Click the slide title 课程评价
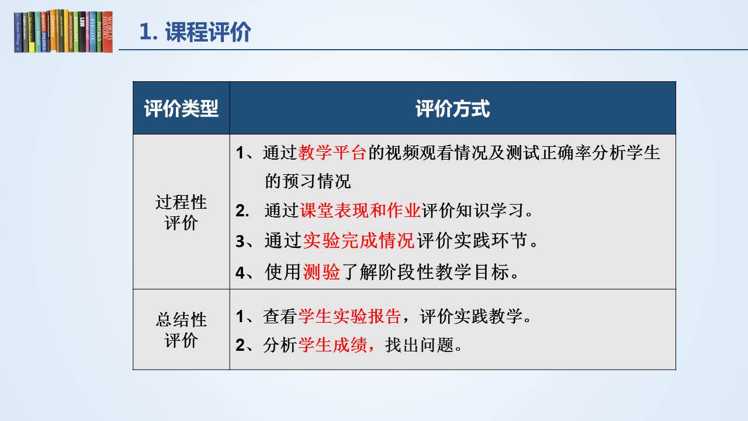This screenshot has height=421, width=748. coord(207,32)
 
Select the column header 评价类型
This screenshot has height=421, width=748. coord(181,109)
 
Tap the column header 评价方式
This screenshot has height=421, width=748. coord(452,109)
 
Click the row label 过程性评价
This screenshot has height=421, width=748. coord(181,212)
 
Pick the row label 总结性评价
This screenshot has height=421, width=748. coord(181,330)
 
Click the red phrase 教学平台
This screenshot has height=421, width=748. coord(332,153)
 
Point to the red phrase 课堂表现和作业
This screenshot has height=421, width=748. coord(360,210)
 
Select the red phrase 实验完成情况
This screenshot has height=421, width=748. coord(359,240)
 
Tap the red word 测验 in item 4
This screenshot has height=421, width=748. coord(321,272)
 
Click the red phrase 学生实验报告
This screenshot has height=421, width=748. coord(349,316)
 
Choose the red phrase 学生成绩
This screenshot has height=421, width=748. coord(333,345)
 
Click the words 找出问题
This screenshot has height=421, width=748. coord(420,345)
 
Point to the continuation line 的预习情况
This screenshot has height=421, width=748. coord(308,181)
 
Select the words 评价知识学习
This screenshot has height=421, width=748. coord(472,210)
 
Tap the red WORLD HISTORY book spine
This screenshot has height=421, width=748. coord(107,32)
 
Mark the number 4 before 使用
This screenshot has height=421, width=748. coord(240,272)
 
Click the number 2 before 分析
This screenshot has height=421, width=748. coord(240,346)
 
